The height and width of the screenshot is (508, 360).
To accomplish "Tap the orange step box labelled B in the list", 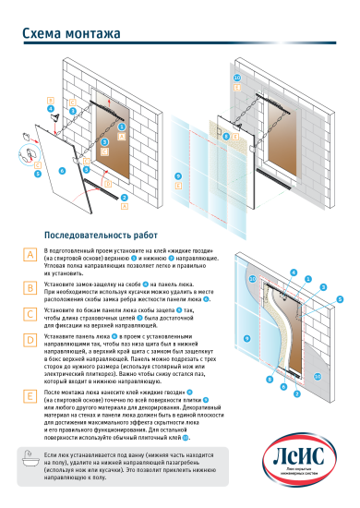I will click(x=30, y=286).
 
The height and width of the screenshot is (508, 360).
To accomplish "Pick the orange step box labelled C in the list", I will click(x=30, y=313).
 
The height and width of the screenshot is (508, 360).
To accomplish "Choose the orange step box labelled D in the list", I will click(x=30, y=339).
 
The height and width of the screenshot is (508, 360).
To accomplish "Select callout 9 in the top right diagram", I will click(x=178, y=175).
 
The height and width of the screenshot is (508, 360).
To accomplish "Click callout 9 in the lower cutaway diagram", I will click(x=246, y=339).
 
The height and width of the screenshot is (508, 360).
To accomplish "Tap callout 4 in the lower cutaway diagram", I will click(x=294, y=274).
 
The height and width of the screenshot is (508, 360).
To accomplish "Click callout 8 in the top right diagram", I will click(x=225, y=136).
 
